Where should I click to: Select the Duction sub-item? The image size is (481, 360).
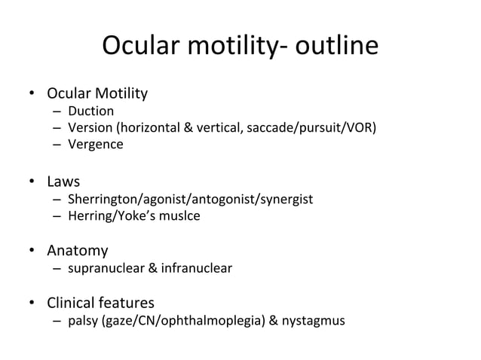pyautogui.click(x=90, y=111)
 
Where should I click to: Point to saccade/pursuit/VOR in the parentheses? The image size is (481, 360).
pyautogui.click(x=310, y=127)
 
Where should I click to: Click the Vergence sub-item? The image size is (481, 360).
pyautogui.click(x=95, y=144)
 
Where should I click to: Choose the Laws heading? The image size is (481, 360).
pyautogui.click(x=63, y=182)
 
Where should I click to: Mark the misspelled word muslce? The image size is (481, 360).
pyautogui.click(x=180, y=216)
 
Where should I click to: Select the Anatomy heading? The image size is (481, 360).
pyautogui.click(x=78, y=251)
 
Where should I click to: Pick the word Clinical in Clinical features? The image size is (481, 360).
pyautogui.click(x=72, y=303)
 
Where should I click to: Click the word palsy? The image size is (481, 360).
pyautogui.click(x=83, y=322)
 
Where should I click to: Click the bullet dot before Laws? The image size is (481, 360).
pyautogui.click(x=32, y=182)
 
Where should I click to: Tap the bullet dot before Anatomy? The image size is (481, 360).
pyautogui.click(x=32, y=251)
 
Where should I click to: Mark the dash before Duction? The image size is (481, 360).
pyautogui.click(x=57, y=111)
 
